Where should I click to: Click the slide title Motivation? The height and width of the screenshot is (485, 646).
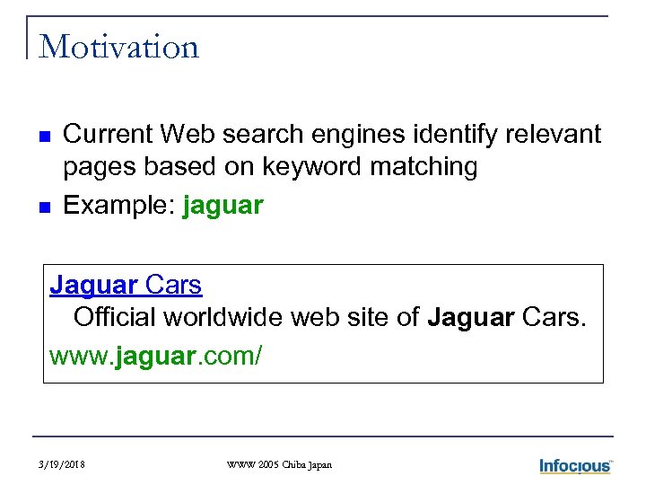(119, 46)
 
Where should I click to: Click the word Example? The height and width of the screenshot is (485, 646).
(118, 206)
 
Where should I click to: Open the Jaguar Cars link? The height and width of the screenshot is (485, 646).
(126, 286)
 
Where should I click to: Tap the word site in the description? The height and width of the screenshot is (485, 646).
(371, 318)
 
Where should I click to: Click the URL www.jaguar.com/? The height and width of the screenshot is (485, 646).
(155, 356)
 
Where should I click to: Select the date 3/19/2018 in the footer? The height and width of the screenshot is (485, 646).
(63, 465)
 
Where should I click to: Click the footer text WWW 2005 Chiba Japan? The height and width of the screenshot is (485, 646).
(280, 465)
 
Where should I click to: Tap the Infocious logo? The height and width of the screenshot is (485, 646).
(574, 465)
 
